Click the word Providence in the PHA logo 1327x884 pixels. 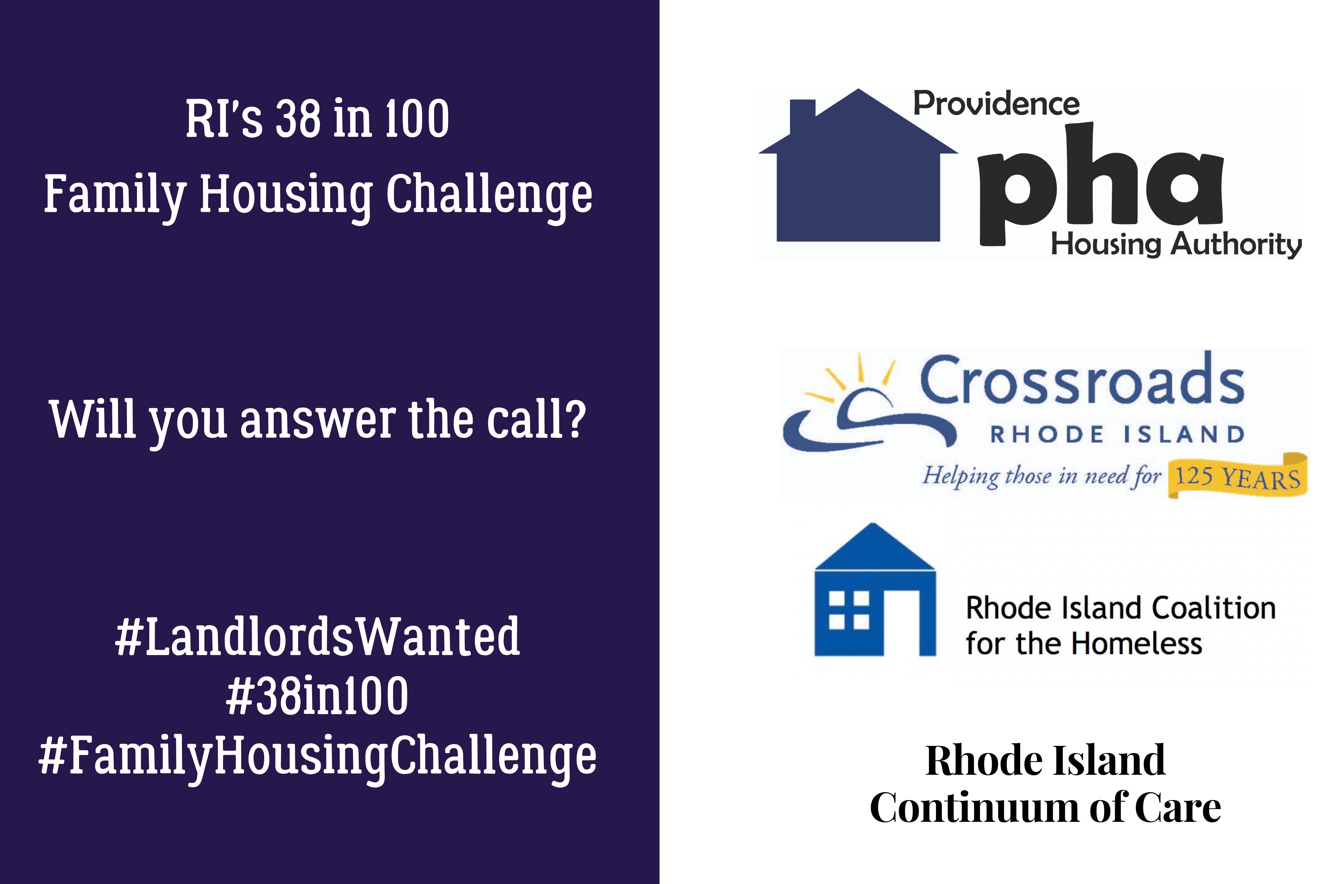click(x=996, y=104)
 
